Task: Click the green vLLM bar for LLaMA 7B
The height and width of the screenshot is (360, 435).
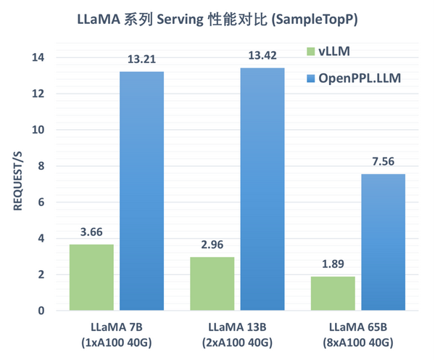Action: coord(91,277)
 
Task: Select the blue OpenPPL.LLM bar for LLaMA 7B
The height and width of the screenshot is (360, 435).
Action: coord(141,191)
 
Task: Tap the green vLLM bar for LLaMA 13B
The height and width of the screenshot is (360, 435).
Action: coord(212,284)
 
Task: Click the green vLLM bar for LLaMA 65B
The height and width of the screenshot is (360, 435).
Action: coord(333,293)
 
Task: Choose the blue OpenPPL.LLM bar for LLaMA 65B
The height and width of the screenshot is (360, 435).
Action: coord(383,242)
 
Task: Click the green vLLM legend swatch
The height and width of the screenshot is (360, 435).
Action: coord(310,52)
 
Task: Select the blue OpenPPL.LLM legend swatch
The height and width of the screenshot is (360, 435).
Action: coord(310,77)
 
